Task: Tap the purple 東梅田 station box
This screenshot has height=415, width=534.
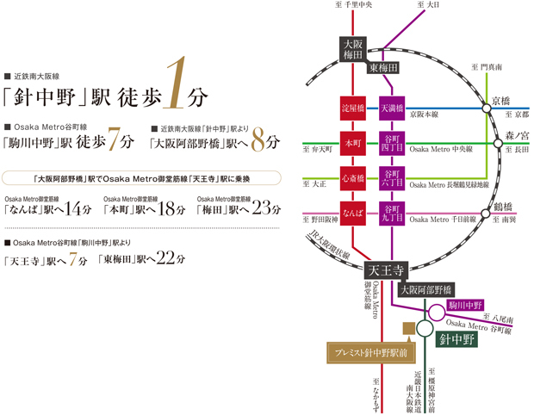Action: pos(383,67)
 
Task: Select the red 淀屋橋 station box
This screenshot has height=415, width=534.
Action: pos(353,109)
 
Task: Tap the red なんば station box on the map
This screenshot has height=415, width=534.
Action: pos(353,211)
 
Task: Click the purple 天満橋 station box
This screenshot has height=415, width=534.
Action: pos(392,109)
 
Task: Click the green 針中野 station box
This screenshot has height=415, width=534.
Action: pos(456,339)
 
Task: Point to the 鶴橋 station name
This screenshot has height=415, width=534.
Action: pos(504,207)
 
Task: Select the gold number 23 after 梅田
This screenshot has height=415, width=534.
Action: pos(267,208)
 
